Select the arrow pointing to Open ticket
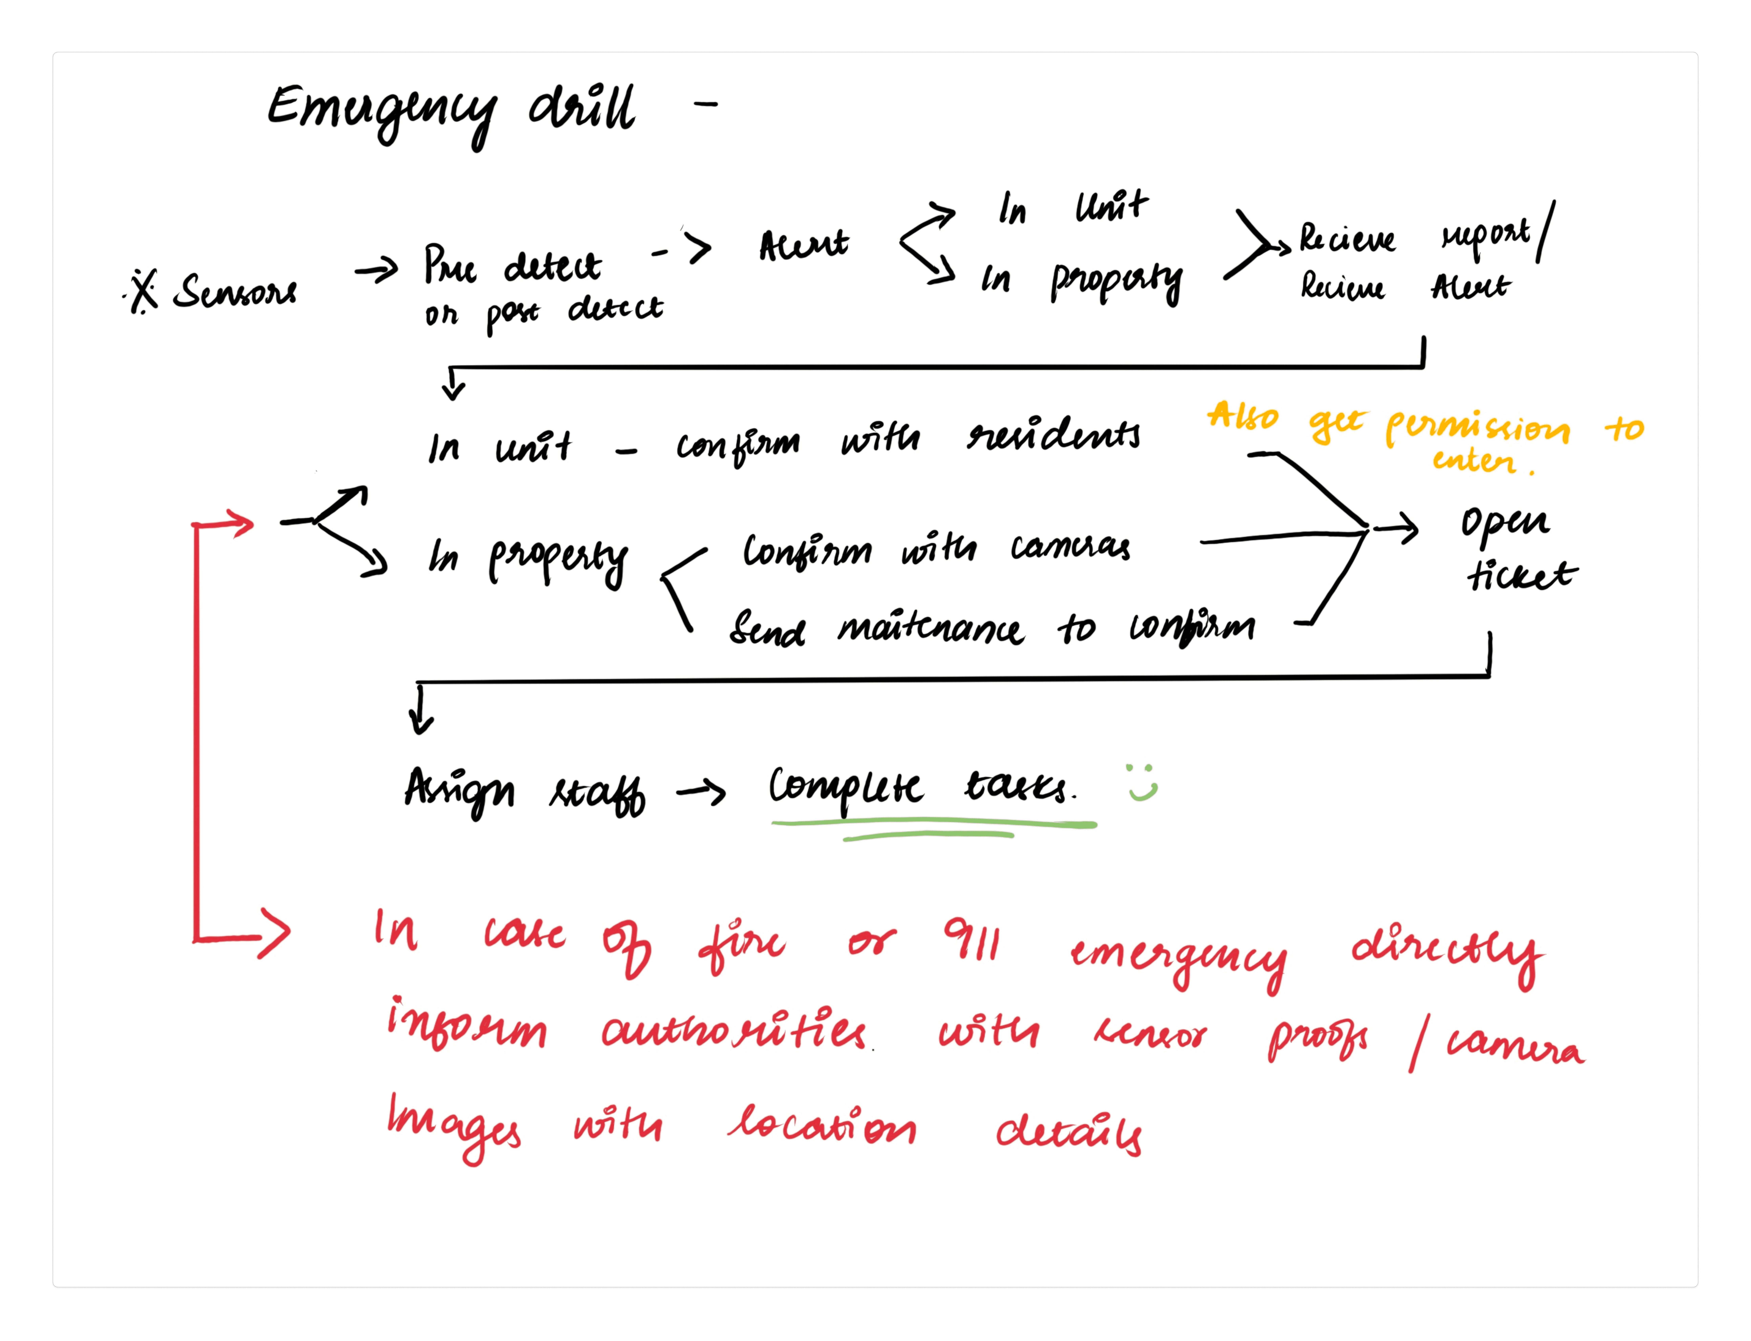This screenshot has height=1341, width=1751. tap(1397, 528)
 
